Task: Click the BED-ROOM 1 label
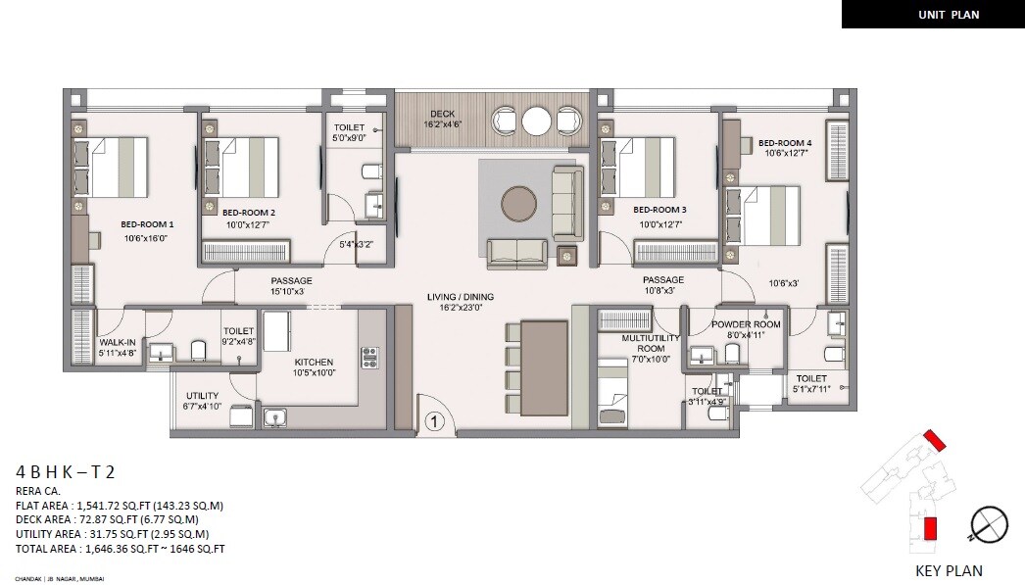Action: point(148,223)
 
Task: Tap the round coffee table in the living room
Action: point(518,204)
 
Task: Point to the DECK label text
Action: point(442,114)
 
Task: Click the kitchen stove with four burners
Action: point(369,357)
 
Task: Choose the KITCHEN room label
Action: point(315,361)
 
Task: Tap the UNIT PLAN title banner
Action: point(932,14)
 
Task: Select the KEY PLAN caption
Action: point(948,570)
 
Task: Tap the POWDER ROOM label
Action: point(746,324)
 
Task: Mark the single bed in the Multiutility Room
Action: point(612,393)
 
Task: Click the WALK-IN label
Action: point(117,343)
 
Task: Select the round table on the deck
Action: point(537,121)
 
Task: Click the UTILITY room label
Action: point(202,396)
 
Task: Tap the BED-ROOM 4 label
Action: point(785,143)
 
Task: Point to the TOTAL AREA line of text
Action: point(120,549)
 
